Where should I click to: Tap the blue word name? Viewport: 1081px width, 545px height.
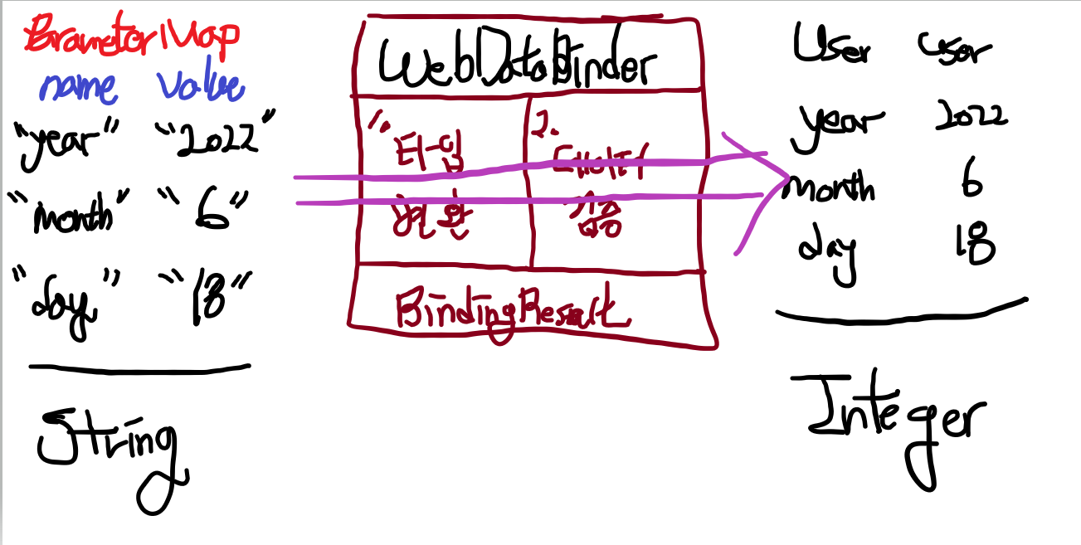(x=79, y=86)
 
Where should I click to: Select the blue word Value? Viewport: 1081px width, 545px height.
(x=200, y=86)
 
